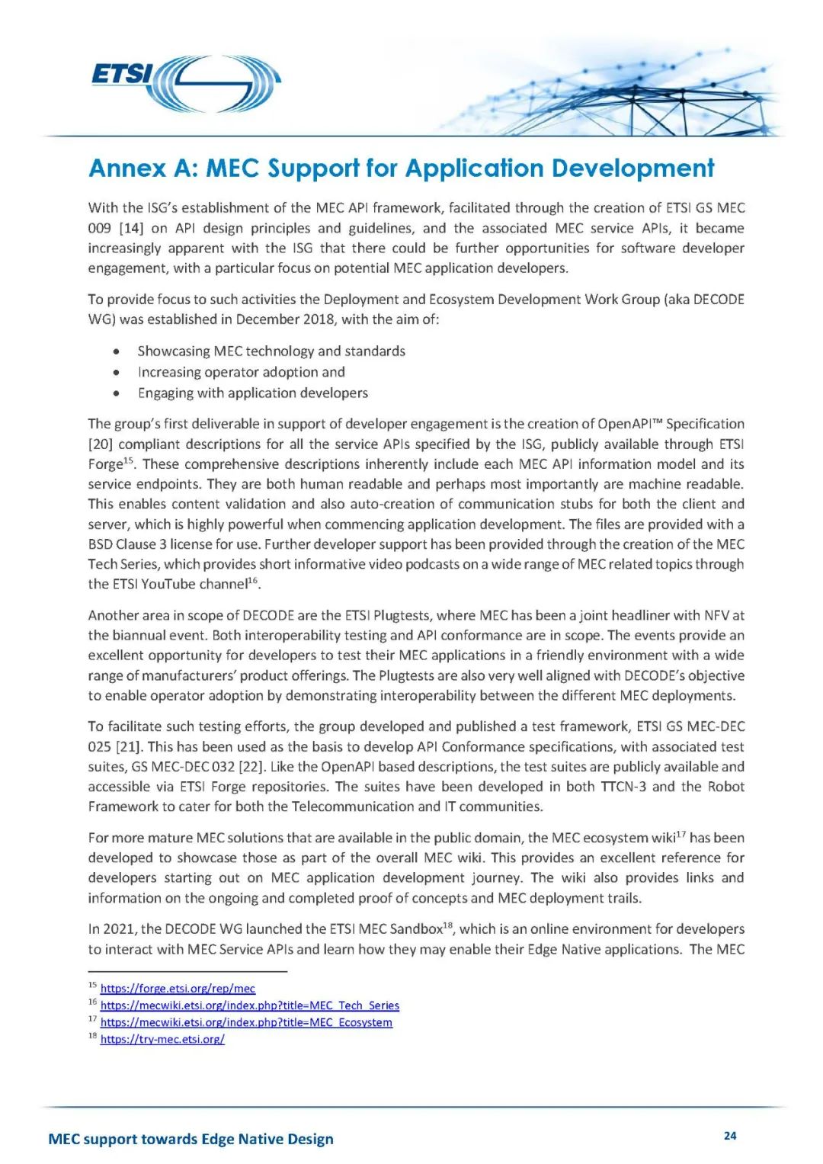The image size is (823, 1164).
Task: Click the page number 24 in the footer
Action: [x=729, y=1136]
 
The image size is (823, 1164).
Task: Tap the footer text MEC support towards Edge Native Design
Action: [x=191, y=1139]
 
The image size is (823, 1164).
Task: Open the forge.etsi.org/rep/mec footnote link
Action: [x=178, y=989]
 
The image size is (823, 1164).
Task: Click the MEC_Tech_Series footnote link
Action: [x=249, y=1005]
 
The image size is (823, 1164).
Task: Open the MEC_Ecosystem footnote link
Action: [x=246, y=1022]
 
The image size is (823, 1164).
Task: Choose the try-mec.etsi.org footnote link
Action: [x=162, y=1039]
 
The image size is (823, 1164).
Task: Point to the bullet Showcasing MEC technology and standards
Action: [x=271, y=351]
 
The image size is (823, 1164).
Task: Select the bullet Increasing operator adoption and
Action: [x=241, y=372]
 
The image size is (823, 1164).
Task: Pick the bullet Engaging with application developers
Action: [x=252, y=393]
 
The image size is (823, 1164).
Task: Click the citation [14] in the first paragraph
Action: [x=131, y=228]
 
